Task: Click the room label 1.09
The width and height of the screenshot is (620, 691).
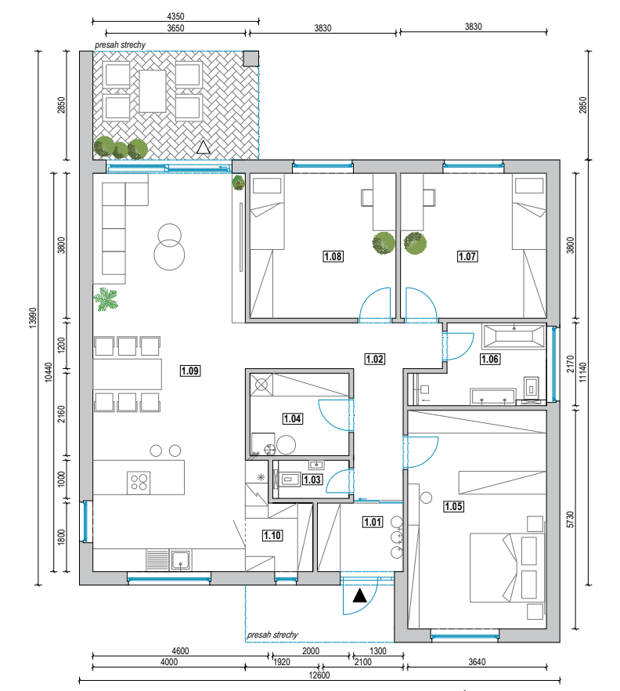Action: (x=190, y=371)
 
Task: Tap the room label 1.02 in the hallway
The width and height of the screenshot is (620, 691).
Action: (x=375, y=359)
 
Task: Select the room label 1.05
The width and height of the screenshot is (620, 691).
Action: (x=453, y=506)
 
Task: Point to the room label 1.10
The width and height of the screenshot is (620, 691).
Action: (x=272, y=535)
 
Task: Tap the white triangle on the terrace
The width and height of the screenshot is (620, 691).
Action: (x=203, y=147)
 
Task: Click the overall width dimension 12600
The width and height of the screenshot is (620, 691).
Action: (x=319, y=675)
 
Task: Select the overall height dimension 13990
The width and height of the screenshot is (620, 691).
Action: (x=33, y=318)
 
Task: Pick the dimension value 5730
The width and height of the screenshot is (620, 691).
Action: (x=571, y=519)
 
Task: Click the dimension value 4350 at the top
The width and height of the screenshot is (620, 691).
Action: (x=175, y=16)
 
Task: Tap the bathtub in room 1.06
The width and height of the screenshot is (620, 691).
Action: (x=514, y=337)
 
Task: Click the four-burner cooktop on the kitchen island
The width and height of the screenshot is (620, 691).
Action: (x=139, y=483)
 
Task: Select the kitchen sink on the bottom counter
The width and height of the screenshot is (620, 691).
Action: (x=180, y=559)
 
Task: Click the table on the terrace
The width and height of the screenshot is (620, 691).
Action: (x=153, y=91)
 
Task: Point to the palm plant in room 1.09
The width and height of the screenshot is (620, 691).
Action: (x=106, y=298)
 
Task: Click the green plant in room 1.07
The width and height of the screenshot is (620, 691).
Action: (x=415, y=243)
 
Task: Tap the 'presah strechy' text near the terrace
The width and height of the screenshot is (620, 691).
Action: (x=120, y=45)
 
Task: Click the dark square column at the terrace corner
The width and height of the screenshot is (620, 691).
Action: (x=251, y=59)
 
